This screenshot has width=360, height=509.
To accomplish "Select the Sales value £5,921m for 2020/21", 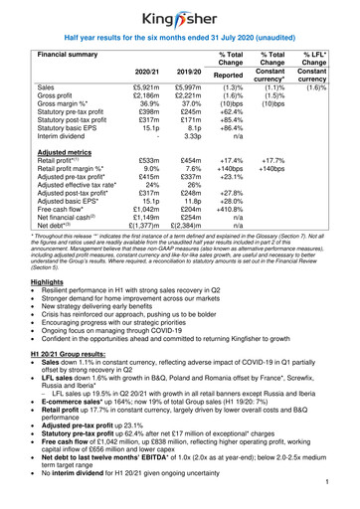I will (x=145, y=88).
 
